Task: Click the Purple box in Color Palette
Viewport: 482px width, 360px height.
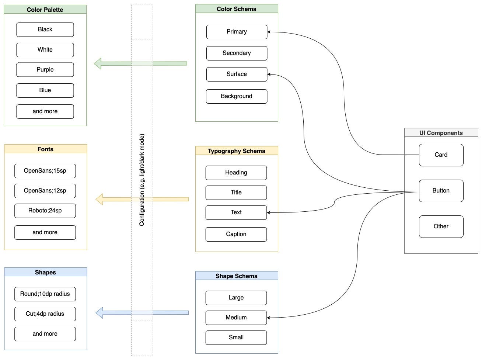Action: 45,70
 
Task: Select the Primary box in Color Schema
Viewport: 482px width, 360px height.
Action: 237,32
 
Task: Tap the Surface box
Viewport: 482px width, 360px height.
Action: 237,74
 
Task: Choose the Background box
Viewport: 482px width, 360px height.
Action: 237,96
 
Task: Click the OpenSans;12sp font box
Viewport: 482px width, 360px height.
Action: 45,191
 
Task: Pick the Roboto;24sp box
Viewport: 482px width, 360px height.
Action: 45,211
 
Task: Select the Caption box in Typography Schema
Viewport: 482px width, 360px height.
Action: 236,234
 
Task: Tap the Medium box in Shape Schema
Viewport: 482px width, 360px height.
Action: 236,318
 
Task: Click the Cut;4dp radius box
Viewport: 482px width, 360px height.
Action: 45,314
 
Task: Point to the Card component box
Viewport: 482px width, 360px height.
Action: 441,155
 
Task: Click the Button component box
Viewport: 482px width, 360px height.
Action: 441,191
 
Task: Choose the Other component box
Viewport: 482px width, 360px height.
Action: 441,226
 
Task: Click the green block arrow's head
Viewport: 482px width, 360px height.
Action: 98,63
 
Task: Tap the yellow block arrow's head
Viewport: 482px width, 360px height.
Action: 99,199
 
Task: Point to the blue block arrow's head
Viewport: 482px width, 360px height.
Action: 99,312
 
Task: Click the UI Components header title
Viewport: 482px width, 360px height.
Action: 441,133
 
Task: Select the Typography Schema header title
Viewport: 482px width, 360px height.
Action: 237,151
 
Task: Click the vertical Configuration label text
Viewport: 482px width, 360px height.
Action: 142,180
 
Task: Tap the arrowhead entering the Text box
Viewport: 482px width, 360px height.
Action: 268,212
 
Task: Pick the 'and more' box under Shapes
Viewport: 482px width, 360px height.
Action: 45,334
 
